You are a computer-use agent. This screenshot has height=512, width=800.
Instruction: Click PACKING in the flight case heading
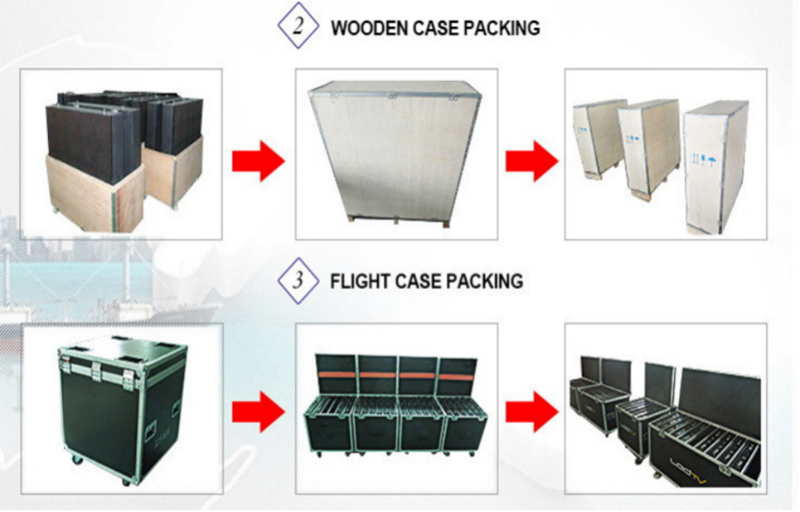tap(484, 281)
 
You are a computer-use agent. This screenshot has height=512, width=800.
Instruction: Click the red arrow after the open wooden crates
tap(258, 161)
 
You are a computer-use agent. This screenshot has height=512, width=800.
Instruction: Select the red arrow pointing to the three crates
tap(531, 161)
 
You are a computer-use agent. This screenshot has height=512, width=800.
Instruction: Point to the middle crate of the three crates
tap(647, 144)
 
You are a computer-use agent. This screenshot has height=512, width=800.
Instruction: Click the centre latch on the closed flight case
tap(102, 375)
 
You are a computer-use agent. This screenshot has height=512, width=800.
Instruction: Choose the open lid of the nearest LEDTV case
tap(720, 398)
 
